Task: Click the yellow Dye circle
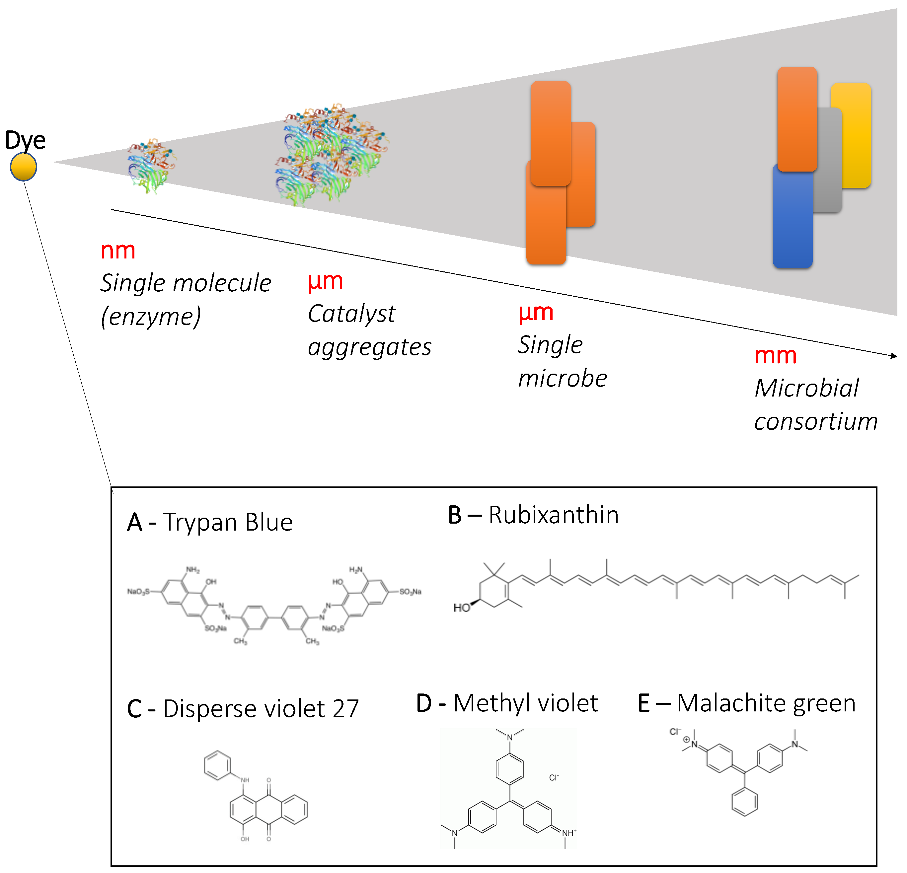pyautogui.click(x=24, y=167)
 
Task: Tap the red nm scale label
pyautogui.click(x=118, y=251)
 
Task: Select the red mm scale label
pyautogui.click(x=775, y=355)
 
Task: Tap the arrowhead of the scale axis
pyautogui.click(x=894, y=356)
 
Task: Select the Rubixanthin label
pyautogui.click(x=554, y=515)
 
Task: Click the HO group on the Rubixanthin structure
pyautogui.click(x=461, y=608)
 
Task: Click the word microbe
pyautogui.click(x=562, y=379)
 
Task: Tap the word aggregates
pyautogui.click(x=369, y=347)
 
